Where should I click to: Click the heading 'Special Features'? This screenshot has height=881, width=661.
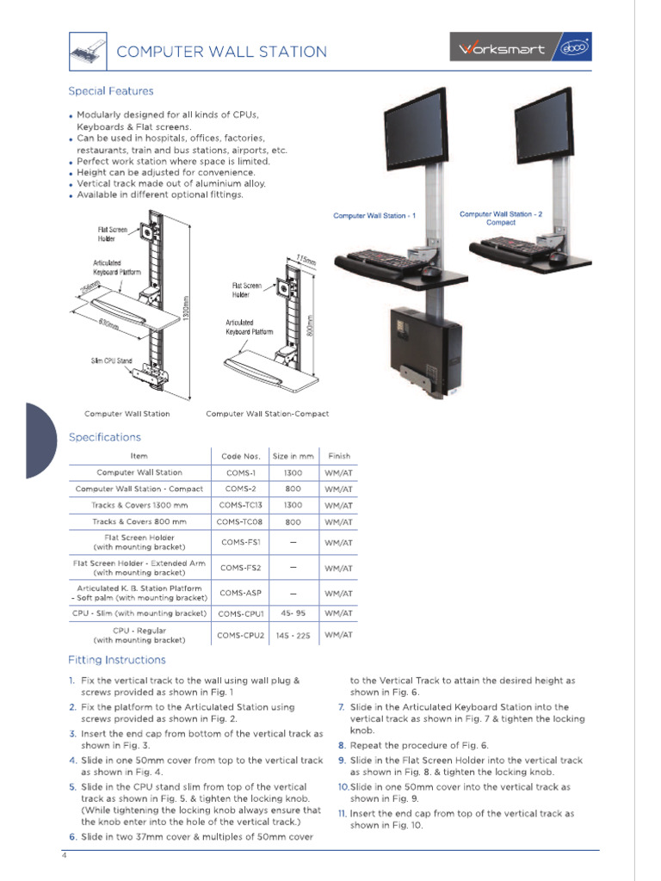[111, 91]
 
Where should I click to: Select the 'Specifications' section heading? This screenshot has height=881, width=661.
[104, 437]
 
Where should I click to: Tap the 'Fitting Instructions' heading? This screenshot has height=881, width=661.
[117, 660]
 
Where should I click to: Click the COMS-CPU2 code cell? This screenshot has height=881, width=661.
[240, 635]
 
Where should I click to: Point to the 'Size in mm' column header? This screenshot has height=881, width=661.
[293, 456]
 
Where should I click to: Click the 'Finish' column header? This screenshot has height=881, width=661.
[339, 456]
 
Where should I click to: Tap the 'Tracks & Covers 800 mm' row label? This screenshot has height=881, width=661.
[139, 521]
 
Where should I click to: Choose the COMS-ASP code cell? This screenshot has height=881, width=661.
[240, 593]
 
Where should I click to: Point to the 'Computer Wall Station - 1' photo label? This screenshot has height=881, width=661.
[374, 216]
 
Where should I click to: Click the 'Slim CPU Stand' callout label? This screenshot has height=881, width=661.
[112, 360]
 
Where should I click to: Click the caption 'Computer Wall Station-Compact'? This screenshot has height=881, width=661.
[267, 414]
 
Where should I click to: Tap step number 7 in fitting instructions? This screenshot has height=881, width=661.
[342, 707]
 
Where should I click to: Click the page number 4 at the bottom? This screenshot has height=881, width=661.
[63, 856]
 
